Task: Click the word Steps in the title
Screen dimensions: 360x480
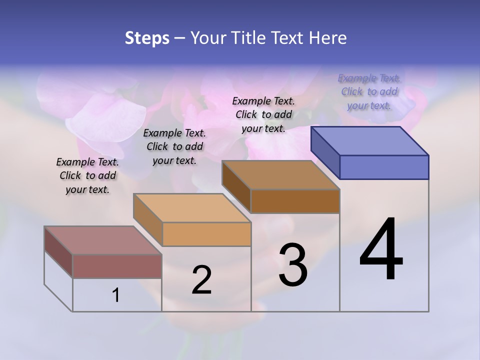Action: pyautogui.click(x=147, y=38)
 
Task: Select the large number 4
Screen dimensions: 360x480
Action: pyautogui.click(x=381, y=250)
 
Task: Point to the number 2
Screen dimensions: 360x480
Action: pyautogui.click(x=201, y=280)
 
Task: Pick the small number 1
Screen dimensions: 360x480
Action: pyautogui.click(x=116, y=295)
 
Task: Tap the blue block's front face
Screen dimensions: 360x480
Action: pyautogui.click(x=384, y=167)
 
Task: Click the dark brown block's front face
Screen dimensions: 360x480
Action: pyautogui.click(x=295, y=201)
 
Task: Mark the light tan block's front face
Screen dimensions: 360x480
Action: pyautogui.click(x=206, y=234)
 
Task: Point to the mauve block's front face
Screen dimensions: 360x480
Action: pyautogui.click(x=117, y=266)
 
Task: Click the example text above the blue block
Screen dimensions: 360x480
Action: pyautogui.click(x=369, y=92)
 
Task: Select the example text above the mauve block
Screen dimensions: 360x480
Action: pyautogui.click(x=87, y=175)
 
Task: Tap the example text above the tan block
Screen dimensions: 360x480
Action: pyautogui.click(x=174, y=146)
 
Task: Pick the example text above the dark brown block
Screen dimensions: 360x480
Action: pyautogui.click(x=263, y=114)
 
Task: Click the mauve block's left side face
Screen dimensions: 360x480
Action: pyautogui.click(x=58, y=251)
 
